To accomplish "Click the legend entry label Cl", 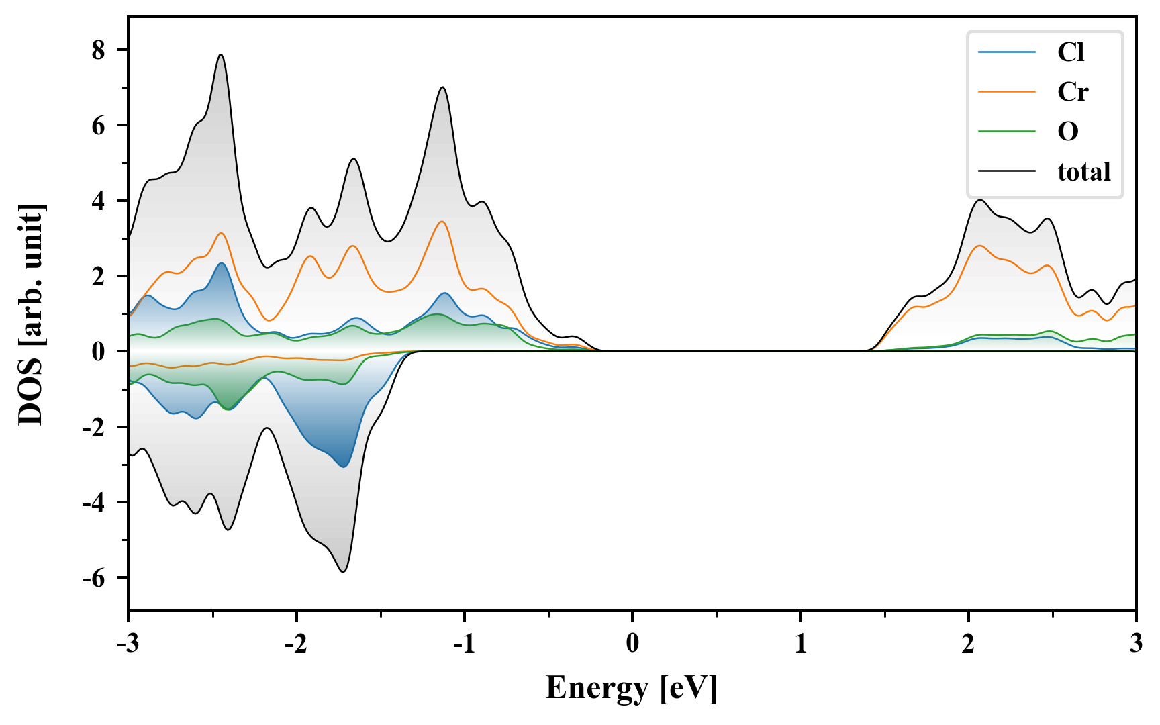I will click(1071, 52).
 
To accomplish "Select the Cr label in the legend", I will click(1073, 92).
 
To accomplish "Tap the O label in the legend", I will click(1068, 132).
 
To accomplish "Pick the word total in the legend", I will click(1084, 172).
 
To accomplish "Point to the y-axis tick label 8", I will click(99, 50).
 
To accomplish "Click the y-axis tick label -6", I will click(93, 578).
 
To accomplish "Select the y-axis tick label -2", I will click(93, 428).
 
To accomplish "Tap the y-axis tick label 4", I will click(99, 201).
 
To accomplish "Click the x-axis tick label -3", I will click(128, 644).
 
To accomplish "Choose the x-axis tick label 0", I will click(632, 644).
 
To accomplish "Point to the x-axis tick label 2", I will click(968, 644).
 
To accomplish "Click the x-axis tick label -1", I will click(464, 644).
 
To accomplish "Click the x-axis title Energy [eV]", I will click(632, 688).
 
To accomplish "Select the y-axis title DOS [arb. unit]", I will click(31, 314).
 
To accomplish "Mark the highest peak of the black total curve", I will click(220, 55).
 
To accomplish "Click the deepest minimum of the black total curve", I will click(343, 572).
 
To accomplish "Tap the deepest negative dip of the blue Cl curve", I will click(344, 467).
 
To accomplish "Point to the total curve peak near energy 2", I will click(981, 200).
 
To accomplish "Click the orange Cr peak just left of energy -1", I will click(442, 222).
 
